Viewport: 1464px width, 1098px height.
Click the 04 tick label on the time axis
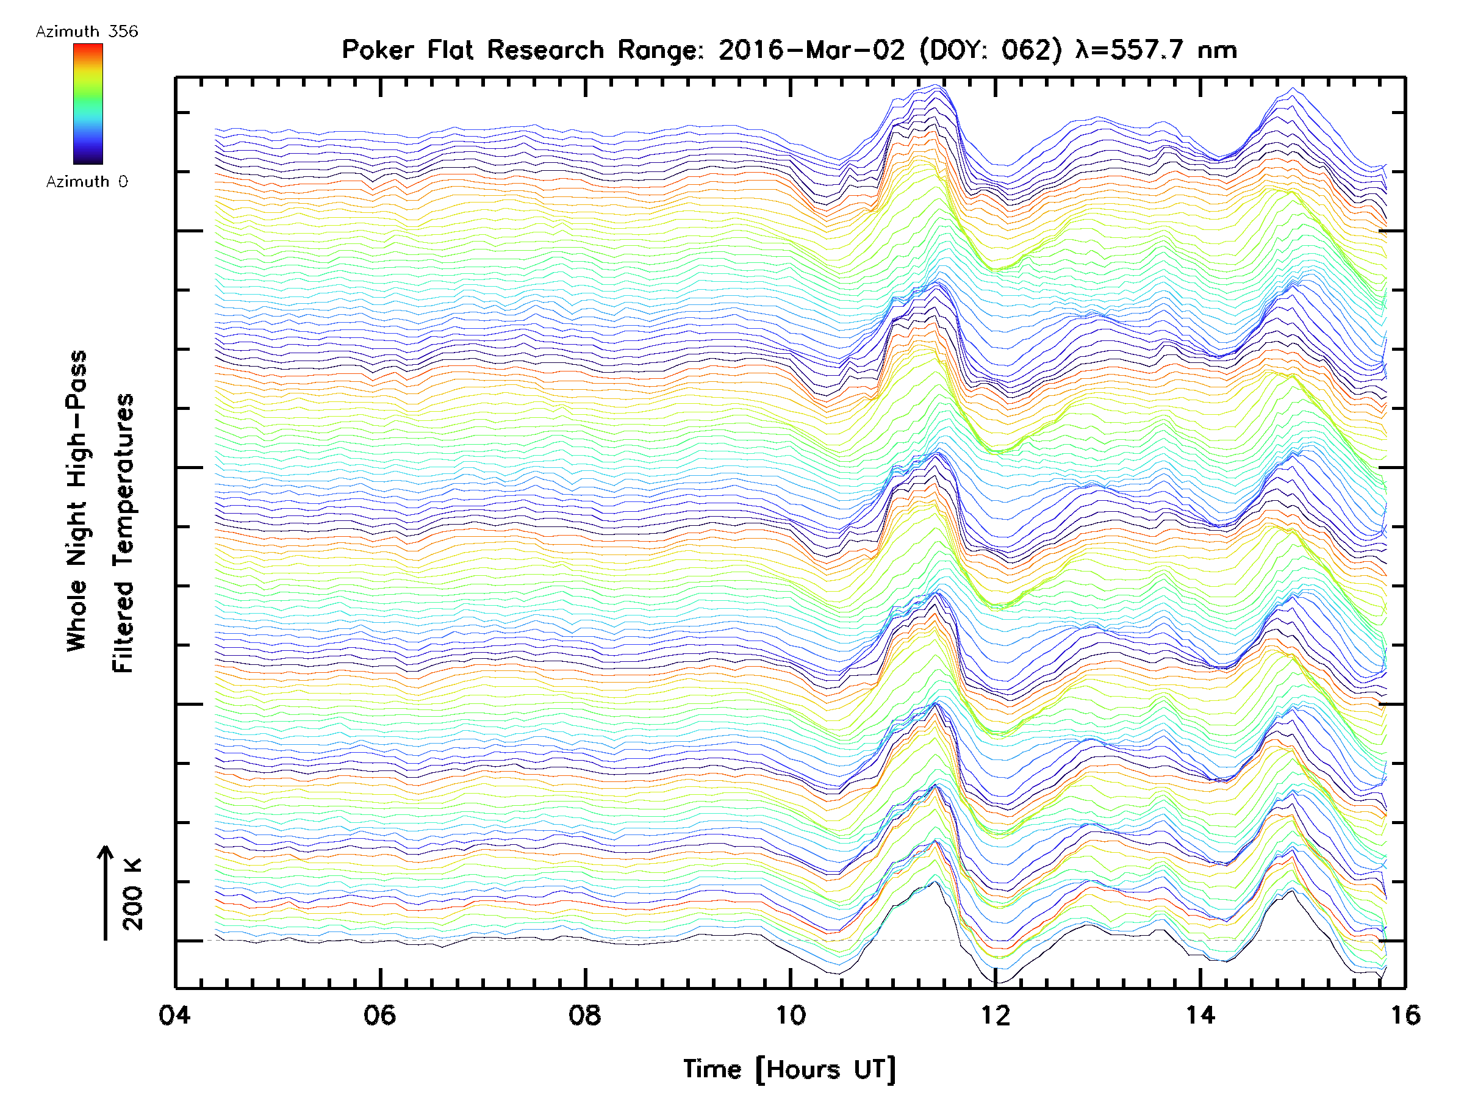pos(174,1014)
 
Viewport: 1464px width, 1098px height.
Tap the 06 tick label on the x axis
pos(380,1014)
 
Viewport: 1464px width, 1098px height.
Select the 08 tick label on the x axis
pos(585,1014)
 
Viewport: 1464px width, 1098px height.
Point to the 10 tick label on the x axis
pos(790,1014)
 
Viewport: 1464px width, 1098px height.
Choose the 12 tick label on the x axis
pos(996,1014)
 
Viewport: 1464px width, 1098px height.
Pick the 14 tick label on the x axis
pos(1200,1014)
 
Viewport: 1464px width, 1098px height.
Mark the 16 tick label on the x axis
pos(1404,1014)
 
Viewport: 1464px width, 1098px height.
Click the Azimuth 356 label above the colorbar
pos(87,32)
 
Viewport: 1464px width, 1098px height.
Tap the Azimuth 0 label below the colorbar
pos(87,181)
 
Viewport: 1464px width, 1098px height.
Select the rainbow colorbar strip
pos(88,104)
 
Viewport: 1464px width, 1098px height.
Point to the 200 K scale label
pos(132,894)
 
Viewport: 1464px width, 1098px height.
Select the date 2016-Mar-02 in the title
pos(811,49)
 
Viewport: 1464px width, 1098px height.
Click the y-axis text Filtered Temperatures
pos(123,533)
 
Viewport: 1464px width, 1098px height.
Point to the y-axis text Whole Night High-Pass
pos(77,501)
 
